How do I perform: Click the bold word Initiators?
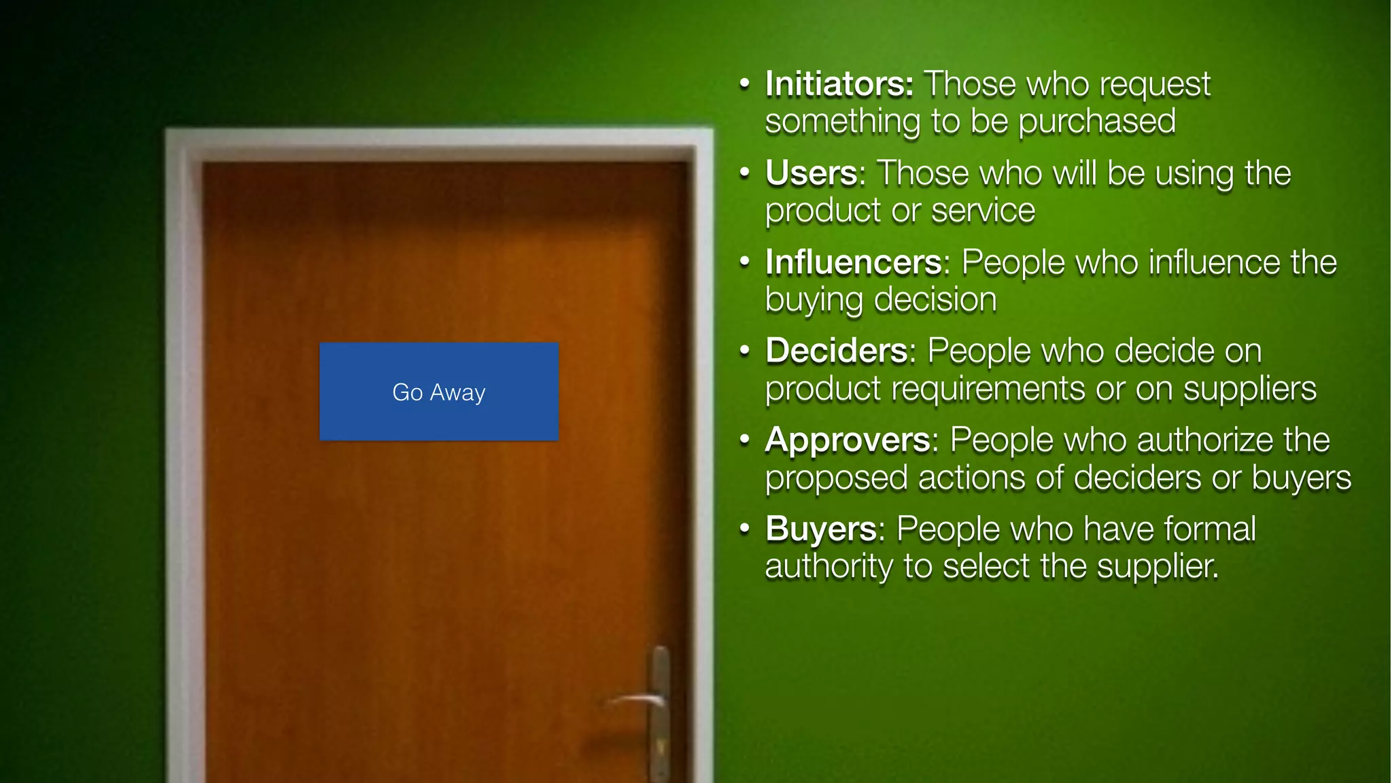point(839,84)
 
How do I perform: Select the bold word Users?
point(812,173)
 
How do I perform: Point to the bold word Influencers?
point(854,262)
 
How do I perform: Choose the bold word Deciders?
point(837,351)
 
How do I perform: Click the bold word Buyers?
point(821,529)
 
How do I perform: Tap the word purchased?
point(1097,122)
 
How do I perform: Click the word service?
point(983,211)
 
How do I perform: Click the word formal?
point(1210,529)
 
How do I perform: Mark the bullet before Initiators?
point(745,84)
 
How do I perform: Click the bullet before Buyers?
point(745,529)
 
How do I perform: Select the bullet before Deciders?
point(745,351)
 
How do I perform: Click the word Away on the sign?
point(457,393)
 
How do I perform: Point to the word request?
point(1155,86)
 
